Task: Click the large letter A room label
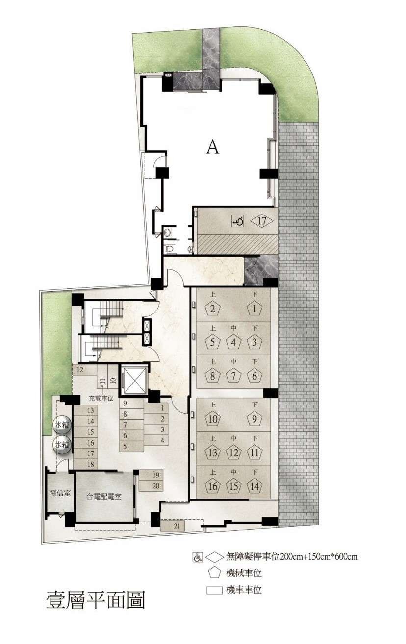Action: (213, 148)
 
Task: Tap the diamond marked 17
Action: (262, 221)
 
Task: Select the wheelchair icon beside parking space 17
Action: (238, 221)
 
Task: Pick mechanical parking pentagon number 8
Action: (212, 376)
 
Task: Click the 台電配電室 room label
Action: (104, 497)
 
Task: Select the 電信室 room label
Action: (60, 493)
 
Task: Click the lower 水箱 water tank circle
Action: (62, 445)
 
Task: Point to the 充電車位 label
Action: (101, 399)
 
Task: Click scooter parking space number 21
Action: (173, 526)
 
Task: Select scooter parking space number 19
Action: (151, 475)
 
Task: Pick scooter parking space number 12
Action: (84, 369)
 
